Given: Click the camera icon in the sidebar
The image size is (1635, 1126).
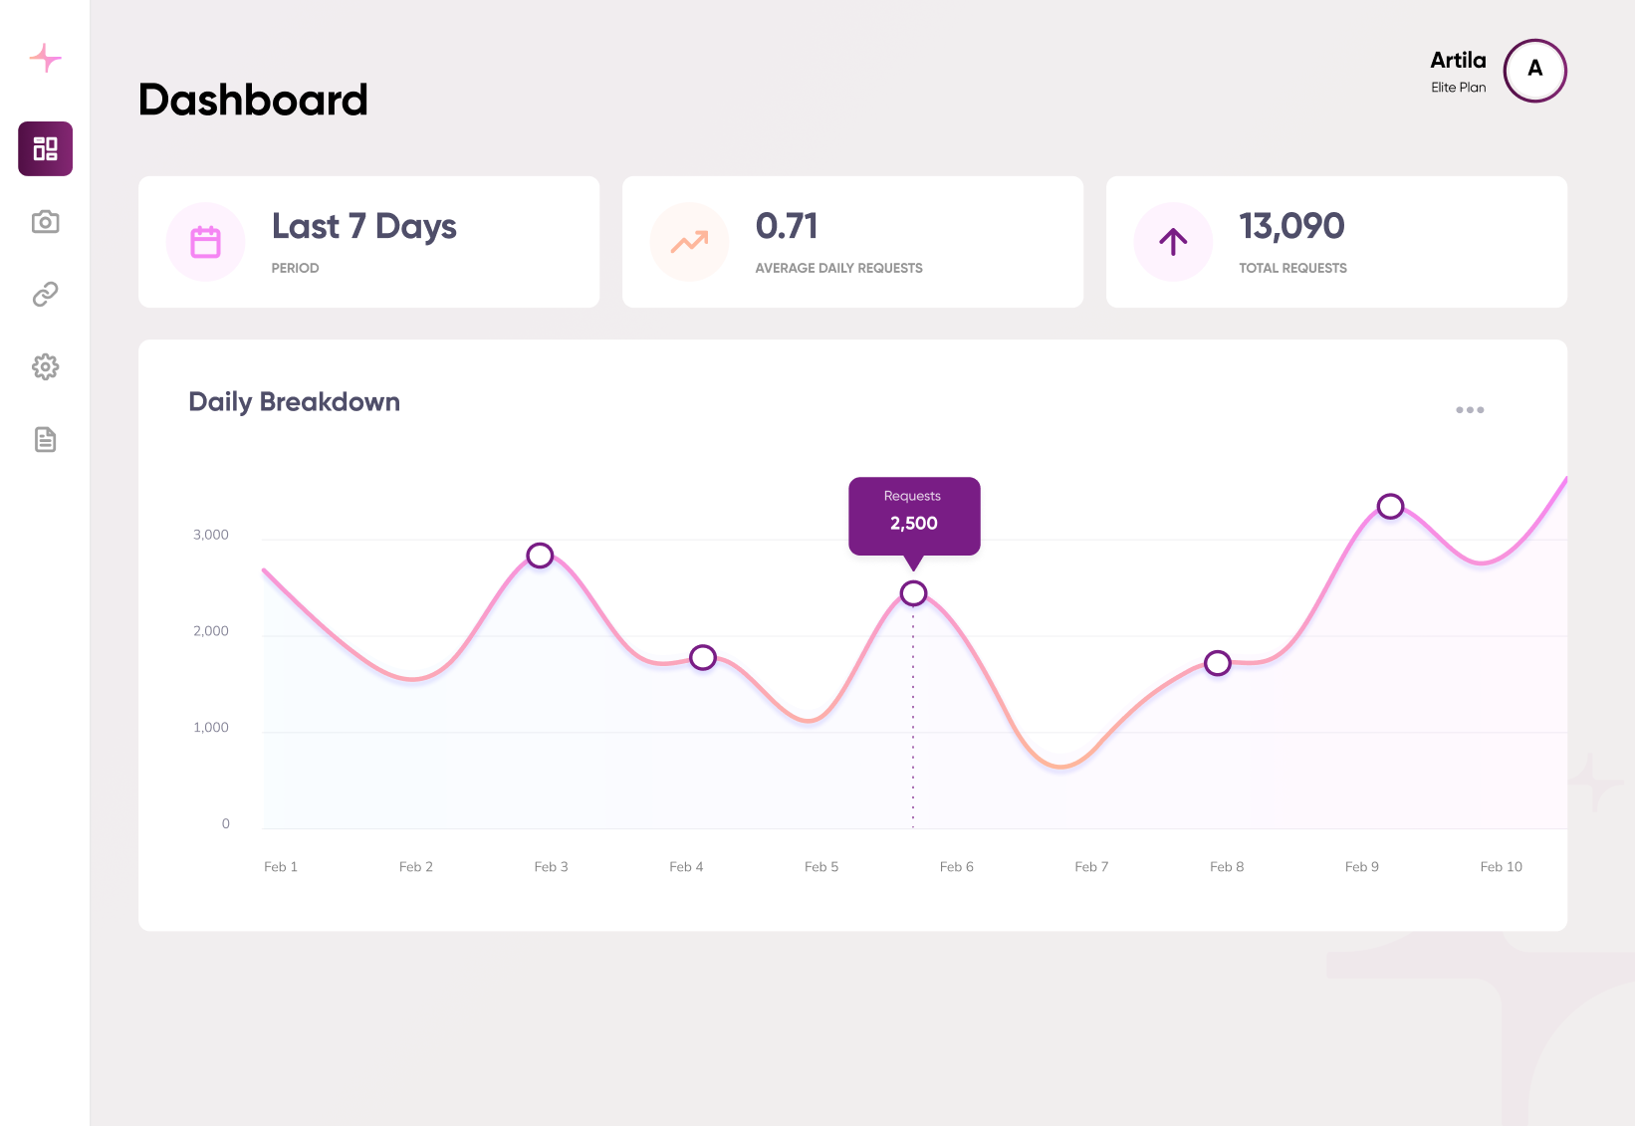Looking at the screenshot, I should pyautogui.click(x=45, y=222).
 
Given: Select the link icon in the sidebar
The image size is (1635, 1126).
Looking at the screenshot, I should pyautogui.click(x=45, y=295).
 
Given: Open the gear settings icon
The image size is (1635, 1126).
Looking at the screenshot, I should pyautogui.click(x=45, y=367).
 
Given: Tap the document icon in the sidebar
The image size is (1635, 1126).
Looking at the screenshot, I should pyautogui.click(x=45, y=440).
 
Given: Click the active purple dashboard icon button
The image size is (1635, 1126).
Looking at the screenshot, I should pyautogui.click(x=45, y=149).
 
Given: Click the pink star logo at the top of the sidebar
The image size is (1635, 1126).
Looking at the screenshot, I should pyautogui.click(x=45, y=58).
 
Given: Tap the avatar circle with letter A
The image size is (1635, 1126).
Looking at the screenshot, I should pyautogui.click(x=1534, y=71).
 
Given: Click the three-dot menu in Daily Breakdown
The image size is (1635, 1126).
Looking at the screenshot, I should pyautogui.click(x=1469, y=410).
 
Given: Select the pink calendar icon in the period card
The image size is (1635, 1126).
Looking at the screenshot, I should pyautogui.click(x=205, y=242).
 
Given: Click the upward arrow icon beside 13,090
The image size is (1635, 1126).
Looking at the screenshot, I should pyautogui.click(x=1173, y=242).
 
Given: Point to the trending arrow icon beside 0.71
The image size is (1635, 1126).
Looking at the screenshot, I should pyautogui.click(x=689, y=242).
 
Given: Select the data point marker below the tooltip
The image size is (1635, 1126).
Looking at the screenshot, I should pyautogui.click(x=913, y=593).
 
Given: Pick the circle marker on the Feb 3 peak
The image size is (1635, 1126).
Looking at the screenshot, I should pyautogui.click(x=540, y=556).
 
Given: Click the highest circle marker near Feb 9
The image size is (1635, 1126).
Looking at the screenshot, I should pyautogui.click(x=1390, y=507).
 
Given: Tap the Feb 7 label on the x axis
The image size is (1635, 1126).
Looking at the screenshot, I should pyautogui.click(x=1091, y=867).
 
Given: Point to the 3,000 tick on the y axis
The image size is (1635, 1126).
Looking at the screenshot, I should pyautogui.click(x=211, y=536).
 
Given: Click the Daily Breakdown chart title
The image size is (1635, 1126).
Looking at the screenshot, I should pyautogui.click(x=294, y=402).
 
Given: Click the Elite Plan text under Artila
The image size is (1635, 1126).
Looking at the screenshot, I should pyautogui.click(x=1458, y=88).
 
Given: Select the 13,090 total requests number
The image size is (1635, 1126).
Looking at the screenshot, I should pyautogui.click(x=1290, y=227).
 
